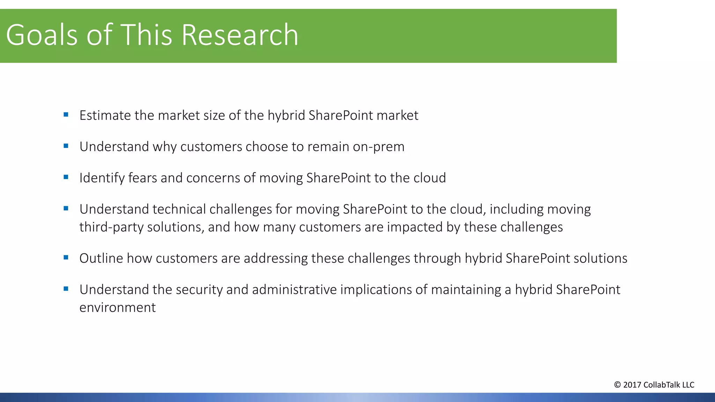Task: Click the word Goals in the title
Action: click(42, 35)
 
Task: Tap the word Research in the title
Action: click(240, 35)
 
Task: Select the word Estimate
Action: click(105, 116)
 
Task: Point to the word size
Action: click(214, 116)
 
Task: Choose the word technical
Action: click(179, 209)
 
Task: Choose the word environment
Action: click(117, 308)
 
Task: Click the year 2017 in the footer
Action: click(632, 385)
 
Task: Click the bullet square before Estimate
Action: click(66, 114)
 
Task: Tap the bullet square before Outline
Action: click(66, 258)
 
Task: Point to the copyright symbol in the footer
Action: click(617, 385)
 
